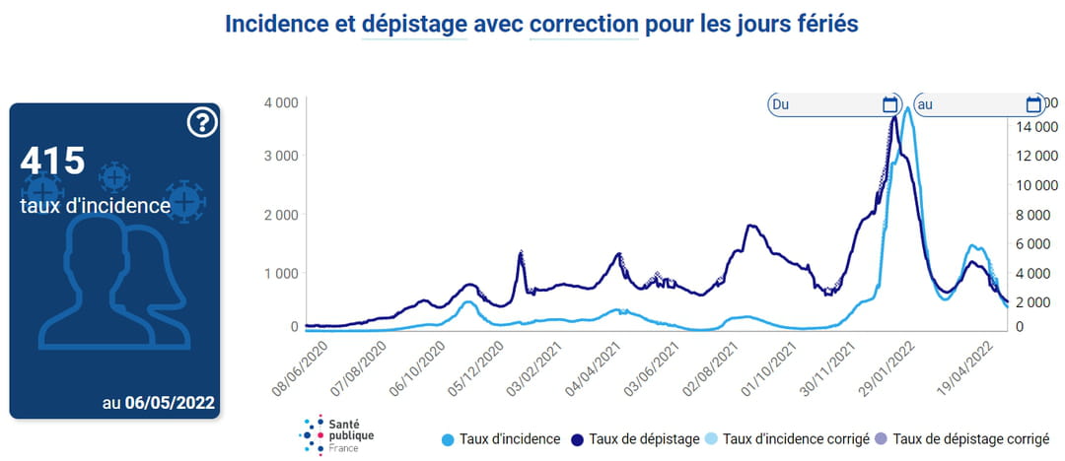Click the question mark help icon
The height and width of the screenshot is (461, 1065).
click(201, 122)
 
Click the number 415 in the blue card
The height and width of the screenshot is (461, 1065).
click(52, 161)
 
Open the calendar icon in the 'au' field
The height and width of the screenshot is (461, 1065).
click(1033, 104)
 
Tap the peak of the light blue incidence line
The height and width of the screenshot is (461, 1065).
click(906, 108)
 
